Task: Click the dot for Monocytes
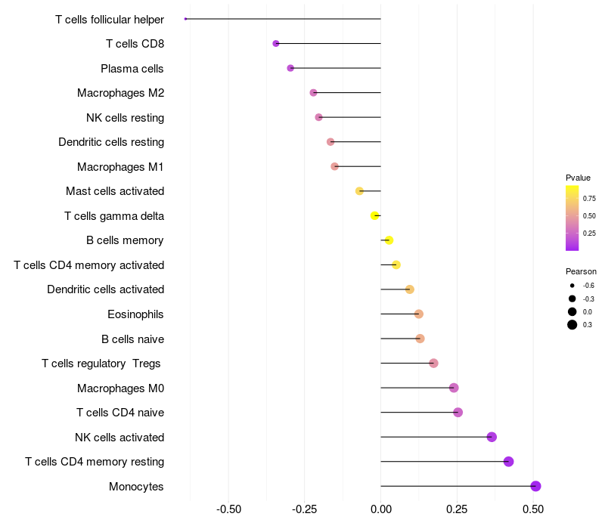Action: tap(536, 486)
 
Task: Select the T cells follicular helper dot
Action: tap(185, 19)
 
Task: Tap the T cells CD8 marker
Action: tap(276, 44)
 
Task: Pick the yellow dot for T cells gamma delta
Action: tap(374, 216)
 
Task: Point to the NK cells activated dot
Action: tap(492, 437)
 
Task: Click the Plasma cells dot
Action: tap(290, 68)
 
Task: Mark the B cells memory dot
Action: tap(389, 240)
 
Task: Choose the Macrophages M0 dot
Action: tap(454, 388)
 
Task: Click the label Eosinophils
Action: tap(136, 314)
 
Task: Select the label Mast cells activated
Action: tap(115, 191)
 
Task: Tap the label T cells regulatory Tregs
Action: tap(101, 363)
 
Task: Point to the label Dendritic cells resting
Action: tap(111, 142)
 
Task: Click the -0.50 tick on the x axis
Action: tap(229, 509)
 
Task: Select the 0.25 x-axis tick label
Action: tap(457, 509)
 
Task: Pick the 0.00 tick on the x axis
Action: tap(381, 509)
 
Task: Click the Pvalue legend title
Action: tap(579, 178)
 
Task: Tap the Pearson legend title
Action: tap(581, 271)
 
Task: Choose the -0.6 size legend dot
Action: tap(572, 286)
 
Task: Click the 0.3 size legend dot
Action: tap(572, 325)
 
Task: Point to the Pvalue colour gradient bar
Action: tap(572, 218)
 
